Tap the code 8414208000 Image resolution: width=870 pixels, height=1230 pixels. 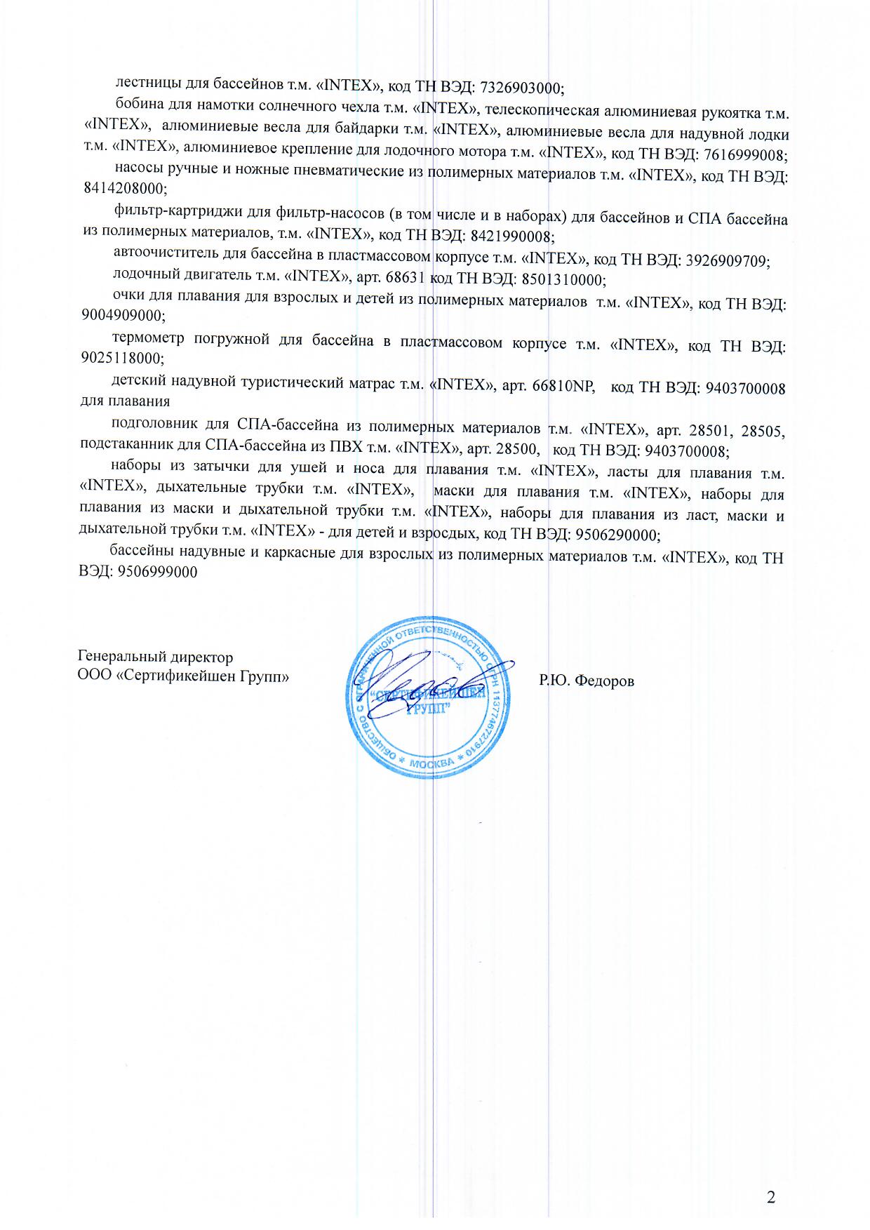point(123,189)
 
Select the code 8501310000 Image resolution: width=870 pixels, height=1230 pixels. point(561,280)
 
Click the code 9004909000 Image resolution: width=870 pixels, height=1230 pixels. point(123,315)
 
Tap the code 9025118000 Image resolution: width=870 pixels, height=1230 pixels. point(122,358)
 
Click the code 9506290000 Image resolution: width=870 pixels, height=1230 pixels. point(617,535)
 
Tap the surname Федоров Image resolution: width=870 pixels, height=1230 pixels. point(603,681)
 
